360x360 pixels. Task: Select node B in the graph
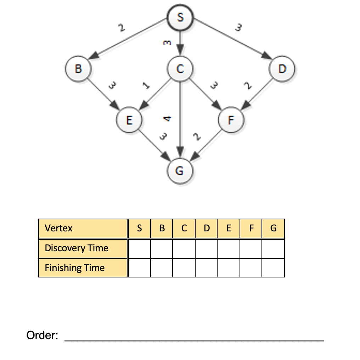point(78,68)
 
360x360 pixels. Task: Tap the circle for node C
point(180,68)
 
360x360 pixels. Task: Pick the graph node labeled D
point(282,68)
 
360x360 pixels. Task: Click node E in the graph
point(129,120)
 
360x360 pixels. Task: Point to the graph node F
point(231,120)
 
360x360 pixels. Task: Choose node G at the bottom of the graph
point(180,171)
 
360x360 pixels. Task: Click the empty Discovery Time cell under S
point(140,249)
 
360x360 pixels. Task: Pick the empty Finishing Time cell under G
point(273,268)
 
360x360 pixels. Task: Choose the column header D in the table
point(206,228)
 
